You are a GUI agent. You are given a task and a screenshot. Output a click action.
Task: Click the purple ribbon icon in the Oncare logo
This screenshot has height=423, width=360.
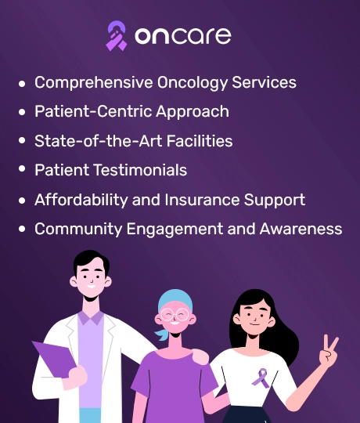pyautogui.click(x=117, y=36)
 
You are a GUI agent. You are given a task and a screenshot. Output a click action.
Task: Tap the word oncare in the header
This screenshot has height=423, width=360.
pyautogui.click(x=183, y=35)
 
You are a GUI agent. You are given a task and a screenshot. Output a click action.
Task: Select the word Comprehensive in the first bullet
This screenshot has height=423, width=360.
pyautogui.click(x=93, y=82)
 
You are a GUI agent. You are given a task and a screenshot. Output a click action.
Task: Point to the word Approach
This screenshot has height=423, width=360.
pyautogui.click(x=193, y=112)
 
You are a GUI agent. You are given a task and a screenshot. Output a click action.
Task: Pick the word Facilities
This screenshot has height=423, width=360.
pyautogui.click(x=200, y=141)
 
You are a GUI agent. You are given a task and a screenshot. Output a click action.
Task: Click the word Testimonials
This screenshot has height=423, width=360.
pyautogui.click(x=140, y=170)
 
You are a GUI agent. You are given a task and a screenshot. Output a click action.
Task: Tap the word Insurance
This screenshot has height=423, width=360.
pyautogui.click(x=202, y=200)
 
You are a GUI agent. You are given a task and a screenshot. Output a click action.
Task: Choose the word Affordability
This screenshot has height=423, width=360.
pyautogui.click(x=81, y=200)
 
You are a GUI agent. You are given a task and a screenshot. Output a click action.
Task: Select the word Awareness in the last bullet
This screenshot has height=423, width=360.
pyautogui.click(x=301, y=229)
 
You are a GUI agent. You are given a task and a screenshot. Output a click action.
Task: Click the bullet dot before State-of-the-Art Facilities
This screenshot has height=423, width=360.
pyautogui.click(x=22, y=140)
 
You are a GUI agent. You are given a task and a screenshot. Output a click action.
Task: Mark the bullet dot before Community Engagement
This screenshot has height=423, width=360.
pyautogui.click(x=22, y=229)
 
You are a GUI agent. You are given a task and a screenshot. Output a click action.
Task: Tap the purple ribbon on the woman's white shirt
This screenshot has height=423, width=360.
pyautogui.click(x=261, y=378)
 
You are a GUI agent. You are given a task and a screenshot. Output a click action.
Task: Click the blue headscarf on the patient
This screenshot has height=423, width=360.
pyautogui.click(x=175, y=302)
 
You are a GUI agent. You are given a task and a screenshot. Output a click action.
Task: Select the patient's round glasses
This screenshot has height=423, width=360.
pyautogui.click(x=175, y=315)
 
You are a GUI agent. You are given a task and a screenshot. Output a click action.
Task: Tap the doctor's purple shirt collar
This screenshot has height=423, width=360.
pyautogui.click(x=91, y=318)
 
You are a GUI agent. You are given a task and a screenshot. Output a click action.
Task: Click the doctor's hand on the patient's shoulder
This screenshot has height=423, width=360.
pyautogui.click(x=200, y=356)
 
